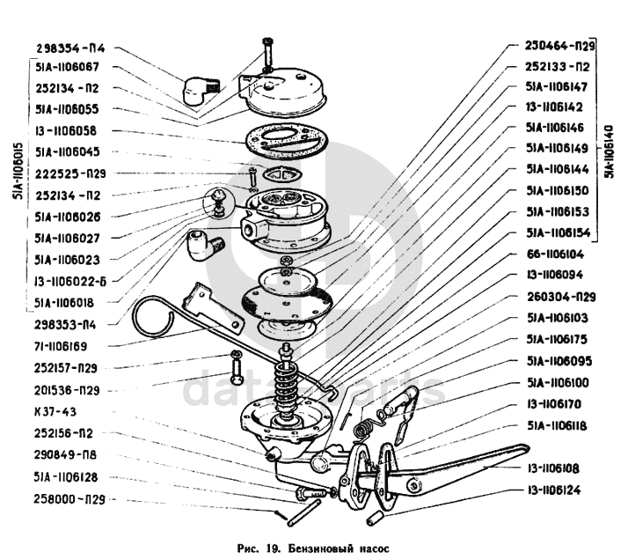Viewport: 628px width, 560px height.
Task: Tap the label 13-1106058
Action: click(67, 130)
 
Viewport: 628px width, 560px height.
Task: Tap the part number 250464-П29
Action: click(561, 45)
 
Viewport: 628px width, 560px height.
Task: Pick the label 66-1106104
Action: click(561, 254)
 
